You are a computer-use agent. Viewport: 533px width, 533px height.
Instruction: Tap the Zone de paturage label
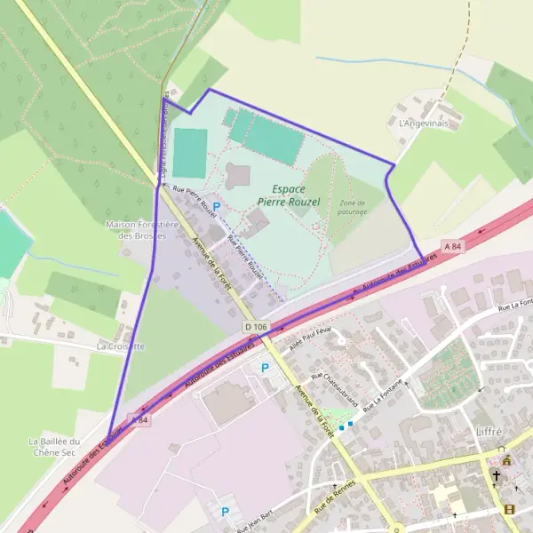coord(353,207)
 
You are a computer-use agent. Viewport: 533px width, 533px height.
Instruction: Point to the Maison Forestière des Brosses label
coord(143,230)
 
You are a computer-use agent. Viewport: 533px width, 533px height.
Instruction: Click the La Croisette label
coord(120,346)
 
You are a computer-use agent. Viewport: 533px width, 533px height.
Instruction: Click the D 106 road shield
coord(255,327)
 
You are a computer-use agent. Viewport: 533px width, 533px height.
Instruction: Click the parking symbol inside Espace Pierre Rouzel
coord(216,206)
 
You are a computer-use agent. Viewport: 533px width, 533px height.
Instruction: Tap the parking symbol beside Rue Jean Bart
coord(225,511)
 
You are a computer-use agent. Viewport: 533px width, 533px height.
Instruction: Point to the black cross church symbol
coord(497,476)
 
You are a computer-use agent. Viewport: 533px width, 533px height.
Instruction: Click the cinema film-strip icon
coord(508,509)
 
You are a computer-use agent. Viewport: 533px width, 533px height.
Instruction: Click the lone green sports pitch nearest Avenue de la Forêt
coord(189,153)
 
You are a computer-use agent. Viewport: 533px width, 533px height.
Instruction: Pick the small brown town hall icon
coord(506,460)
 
